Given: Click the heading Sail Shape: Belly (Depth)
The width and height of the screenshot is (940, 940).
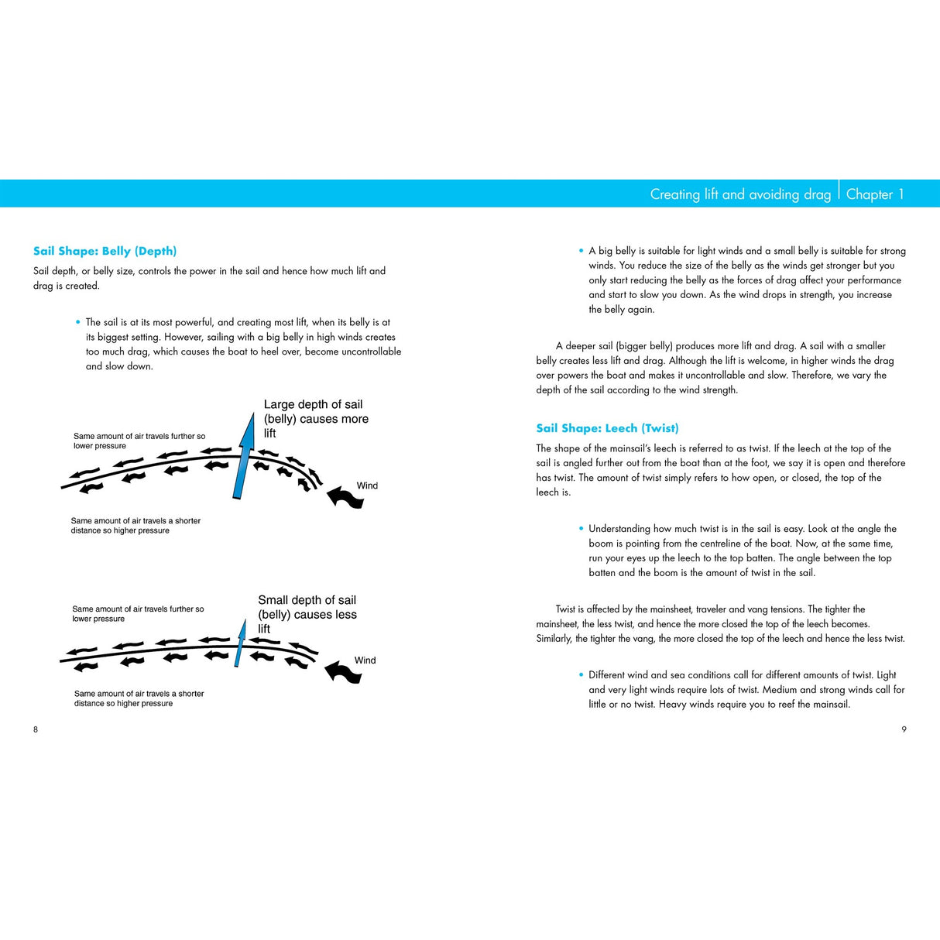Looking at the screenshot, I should point(105,251).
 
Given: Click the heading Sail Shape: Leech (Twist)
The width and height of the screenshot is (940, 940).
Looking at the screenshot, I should point(607,428).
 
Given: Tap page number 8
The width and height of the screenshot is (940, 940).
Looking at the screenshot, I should point(35,729).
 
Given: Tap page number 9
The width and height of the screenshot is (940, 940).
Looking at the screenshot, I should point(904,729).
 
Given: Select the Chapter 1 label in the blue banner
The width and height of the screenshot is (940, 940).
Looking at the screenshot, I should point(874,194).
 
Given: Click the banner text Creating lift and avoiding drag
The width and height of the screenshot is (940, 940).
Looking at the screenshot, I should point(739,194).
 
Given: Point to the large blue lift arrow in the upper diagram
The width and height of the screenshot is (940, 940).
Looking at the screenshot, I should point(243,457).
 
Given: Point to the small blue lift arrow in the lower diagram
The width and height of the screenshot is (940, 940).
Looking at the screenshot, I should point(239,644).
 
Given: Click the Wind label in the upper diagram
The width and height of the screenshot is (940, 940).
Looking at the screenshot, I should point(367,485).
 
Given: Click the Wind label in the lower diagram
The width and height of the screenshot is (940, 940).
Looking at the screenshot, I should point(365,660).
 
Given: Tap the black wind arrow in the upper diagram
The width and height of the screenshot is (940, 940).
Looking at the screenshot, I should point(345,497).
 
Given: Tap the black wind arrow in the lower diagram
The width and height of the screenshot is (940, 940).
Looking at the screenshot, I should point(343,671).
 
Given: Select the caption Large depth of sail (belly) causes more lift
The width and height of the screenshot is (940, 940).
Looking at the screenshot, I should point(316,419).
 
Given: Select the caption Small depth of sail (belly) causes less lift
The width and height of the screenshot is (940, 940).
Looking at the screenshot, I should point(307,614).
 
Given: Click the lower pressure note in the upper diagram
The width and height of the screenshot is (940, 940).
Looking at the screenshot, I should point(139,441).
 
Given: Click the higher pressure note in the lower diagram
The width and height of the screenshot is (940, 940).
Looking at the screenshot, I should point(139,698).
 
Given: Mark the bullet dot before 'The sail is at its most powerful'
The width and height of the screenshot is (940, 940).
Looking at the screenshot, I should point(78,322).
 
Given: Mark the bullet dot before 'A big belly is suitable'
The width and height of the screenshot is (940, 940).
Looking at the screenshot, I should point(581,251).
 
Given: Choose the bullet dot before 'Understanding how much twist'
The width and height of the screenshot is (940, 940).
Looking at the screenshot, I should point(581,528).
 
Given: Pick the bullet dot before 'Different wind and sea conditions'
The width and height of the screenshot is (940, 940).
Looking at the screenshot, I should point(581,674).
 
